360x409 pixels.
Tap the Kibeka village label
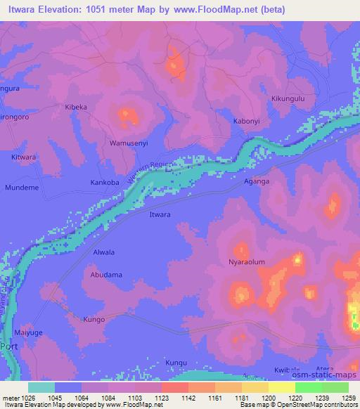point(76,107)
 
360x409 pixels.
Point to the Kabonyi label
point(247,121)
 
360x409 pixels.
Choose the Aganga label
point(257,181)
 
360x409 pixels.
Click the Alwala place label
point(103,252)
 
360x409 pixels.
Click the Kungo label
point(94,320)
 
